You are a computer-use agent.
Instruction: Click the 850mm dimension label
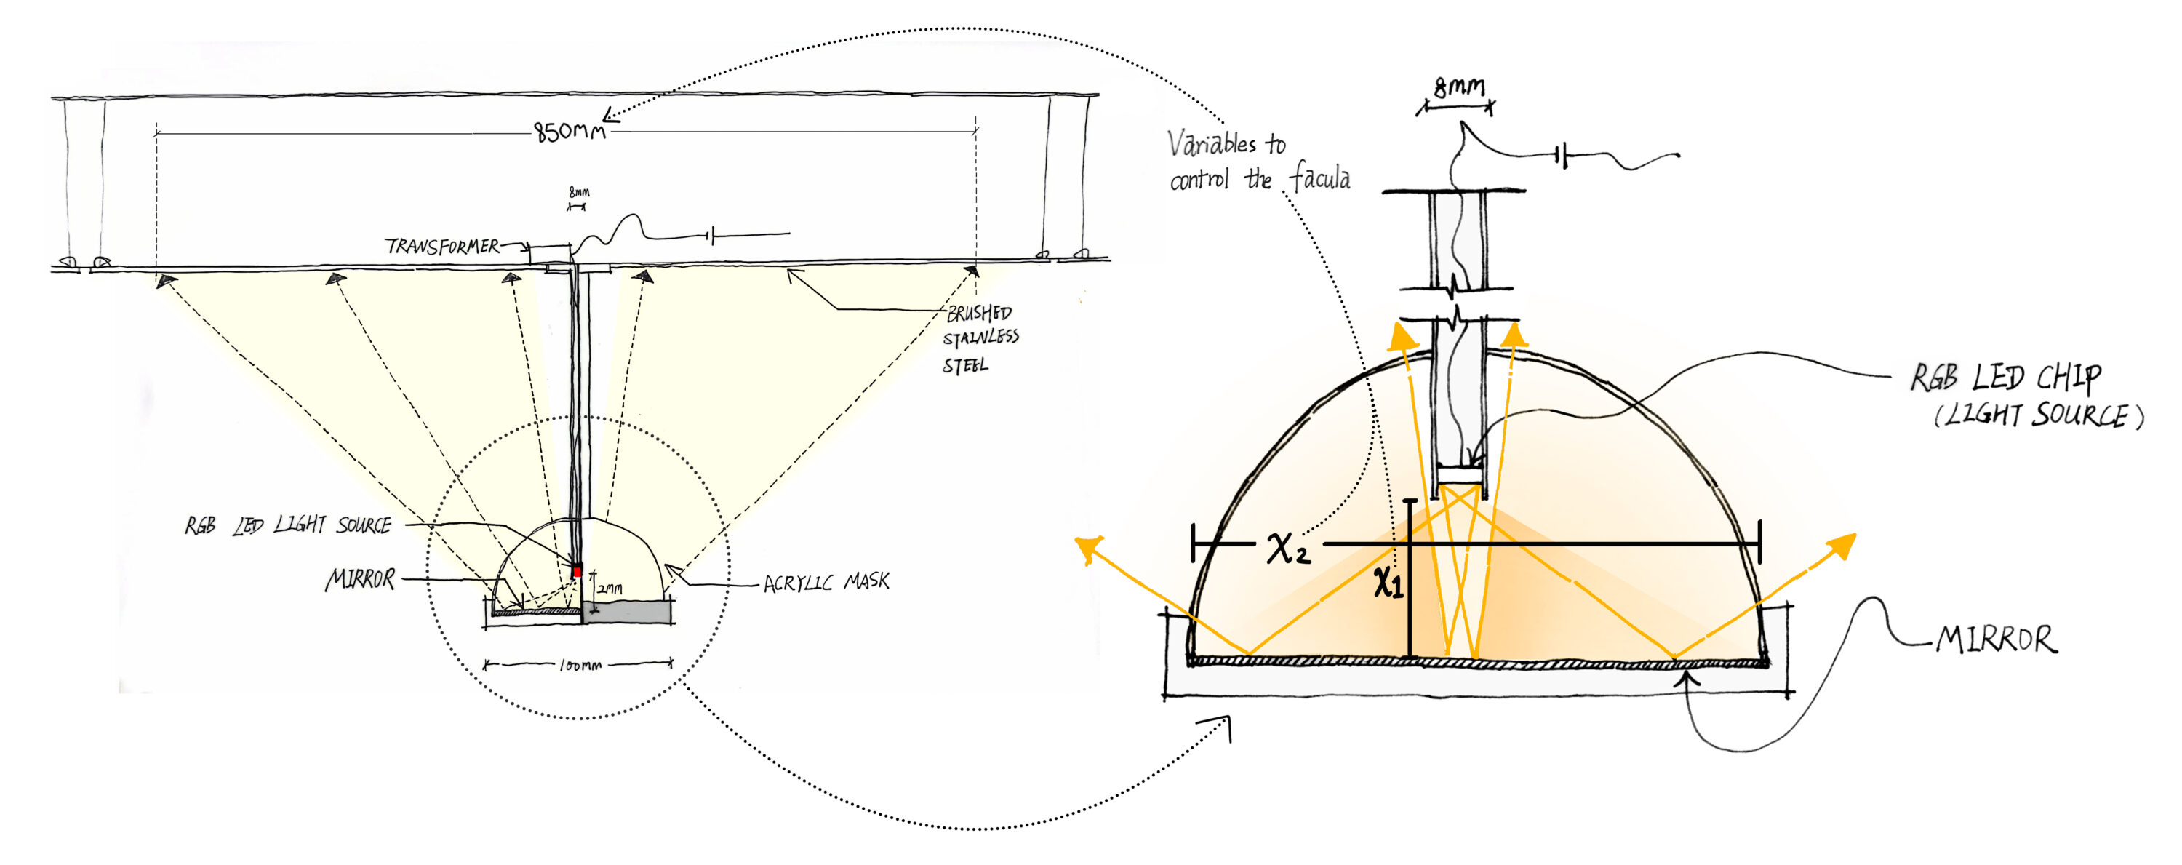pyautogui.click(x=570, y=132)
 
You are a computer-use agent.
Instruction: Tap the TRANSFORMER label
pyautogui.click(x=442, y=247)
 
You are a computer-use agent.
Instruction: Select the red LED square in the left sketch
pyautogui.click(x=577, y=572)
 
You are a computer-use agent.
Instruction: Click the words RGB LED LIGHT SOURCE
pyautogui.click(x=288, y=525)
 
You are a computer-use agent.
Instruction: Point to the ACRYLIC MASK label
pyautogui.click(x=826, y=583)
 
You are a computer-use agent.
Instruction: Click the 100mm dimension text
pyautogui.click(x=580, y=666)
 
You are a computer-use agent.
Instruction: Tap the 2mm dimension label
pyautogui.click(x=610, y=588)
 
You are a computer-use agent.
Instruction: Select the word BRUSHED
pyautogui.click(x=978, y=314)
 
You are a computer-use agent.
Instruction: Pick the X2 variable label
pyautogui.click(x=1287, y=549)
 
